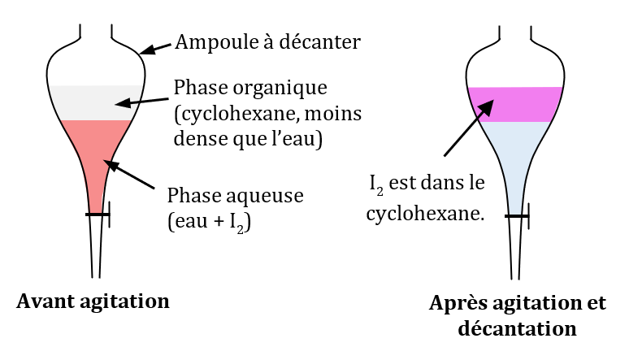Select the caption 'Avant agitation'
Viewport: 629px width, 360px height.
pos(93,302)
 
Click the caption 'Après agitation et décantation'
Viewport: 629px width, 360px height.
pos(517,316)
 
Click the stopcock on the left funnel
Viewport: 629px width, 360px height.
pos(98,215)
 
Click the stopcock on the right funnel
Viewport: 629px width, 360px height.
pos(518,216)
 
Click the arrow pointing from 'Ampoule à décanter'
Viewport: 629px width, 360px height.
pos(158,47)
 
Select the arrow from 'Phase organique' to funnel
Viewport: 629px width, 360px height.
pos(144,98)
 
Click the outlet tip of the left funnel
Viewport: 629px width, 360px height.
pos(97,275)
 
